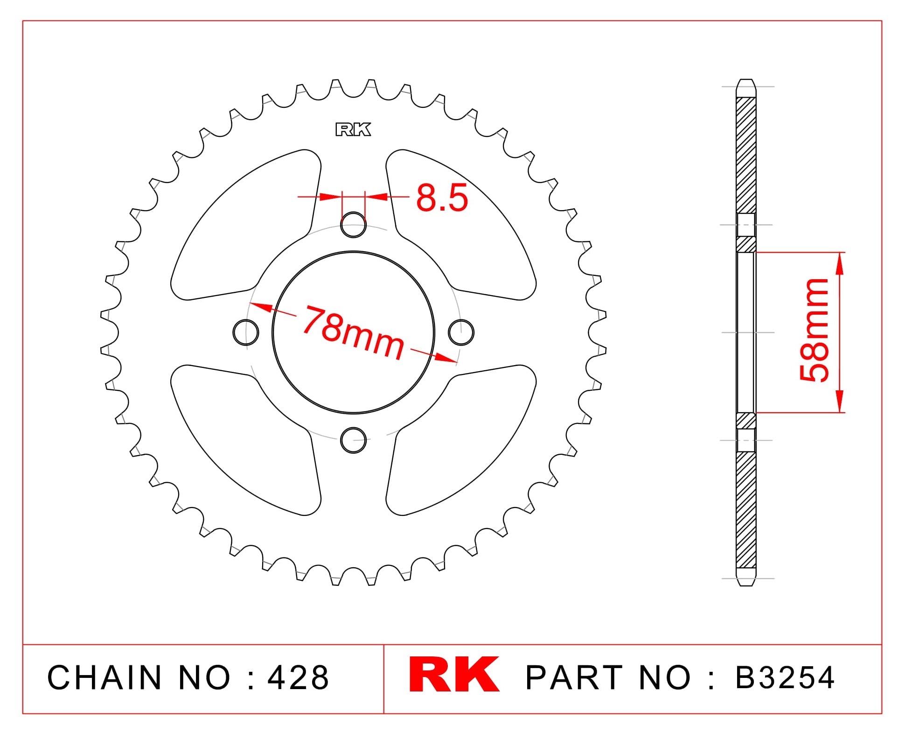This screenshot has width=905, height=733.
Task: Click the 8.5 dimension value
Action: coord(441,198)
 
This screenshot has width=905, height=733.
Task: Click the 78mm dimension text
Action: coord(353,333)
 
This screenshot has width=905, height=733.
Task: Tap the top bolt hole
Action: coord(353,225)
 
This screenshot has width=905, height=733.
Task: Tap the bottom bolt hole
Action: coord(353,440)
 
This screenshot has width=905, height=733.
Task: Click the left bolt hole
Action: coord(246,332)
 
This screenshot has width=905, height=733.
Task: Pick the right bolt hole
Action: coord(461,332)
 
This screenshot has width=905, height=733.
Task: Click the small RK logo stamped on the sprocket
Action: coord(353,129)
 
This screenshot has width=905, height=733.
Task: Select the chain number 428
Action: coord(298,677)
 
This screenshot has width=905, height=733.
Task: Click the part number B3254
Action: coord(785,677)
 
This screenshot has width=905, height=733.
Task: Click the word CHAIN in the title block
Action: coord(104,677)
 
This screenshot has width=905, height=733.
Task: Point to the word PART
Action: coord(574,677)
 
